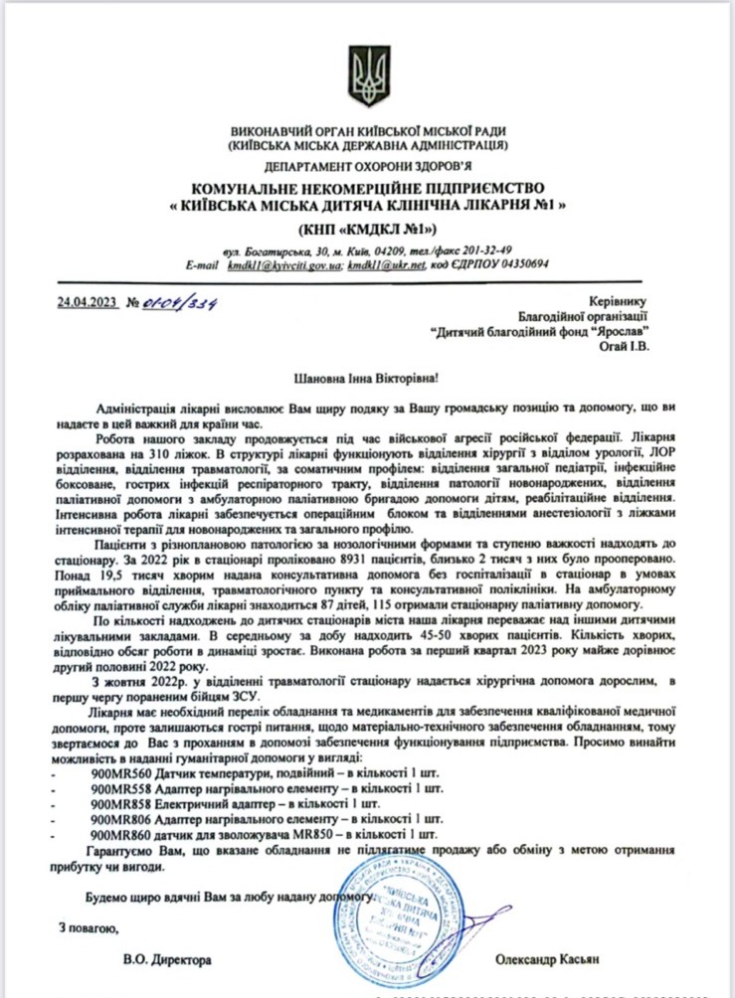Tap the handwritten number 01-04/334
pos(181,301)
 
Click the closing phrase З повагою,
pos(88,929)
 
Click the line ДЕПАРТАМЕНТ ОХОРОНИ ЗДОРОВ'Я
pos(367,167)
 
